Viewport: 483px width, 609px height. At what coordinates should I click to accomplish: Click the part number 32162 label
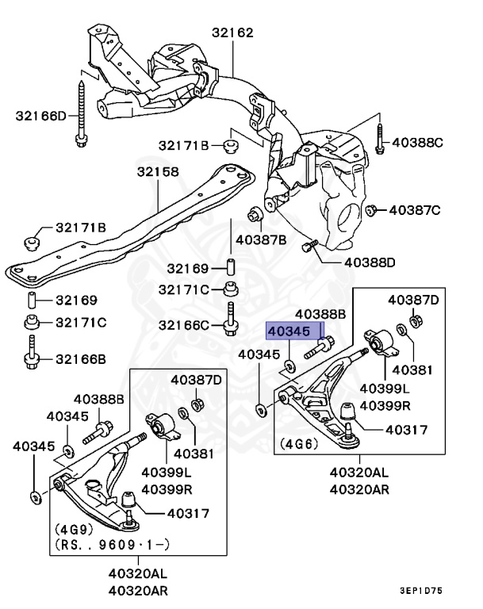[x=232, y=33]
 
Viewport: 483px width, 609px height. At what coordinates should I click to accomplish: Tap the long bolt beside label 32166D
[x=82, y=111]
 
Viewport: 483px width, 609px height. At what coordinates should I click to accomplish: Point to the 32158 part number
[x=157, y=171]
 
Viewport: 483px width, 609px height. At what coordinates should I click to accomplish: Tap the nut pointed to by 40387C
[x=370, y=210]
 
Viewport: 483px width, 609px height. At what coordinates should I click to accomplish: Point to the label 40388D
[x=370, y=262]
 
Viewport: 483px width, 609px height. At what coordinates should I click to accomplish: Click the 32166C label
[x=183, y=325]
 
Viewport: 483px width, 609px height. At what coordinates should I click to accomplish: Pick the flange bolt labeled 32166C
[x=230, y=318]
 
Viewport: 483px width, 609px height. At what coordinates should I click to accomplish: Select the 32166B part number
[x=80, y=359]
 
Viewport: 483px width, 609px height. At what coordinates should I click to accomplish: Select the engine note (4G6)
[x=297, y=445]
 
